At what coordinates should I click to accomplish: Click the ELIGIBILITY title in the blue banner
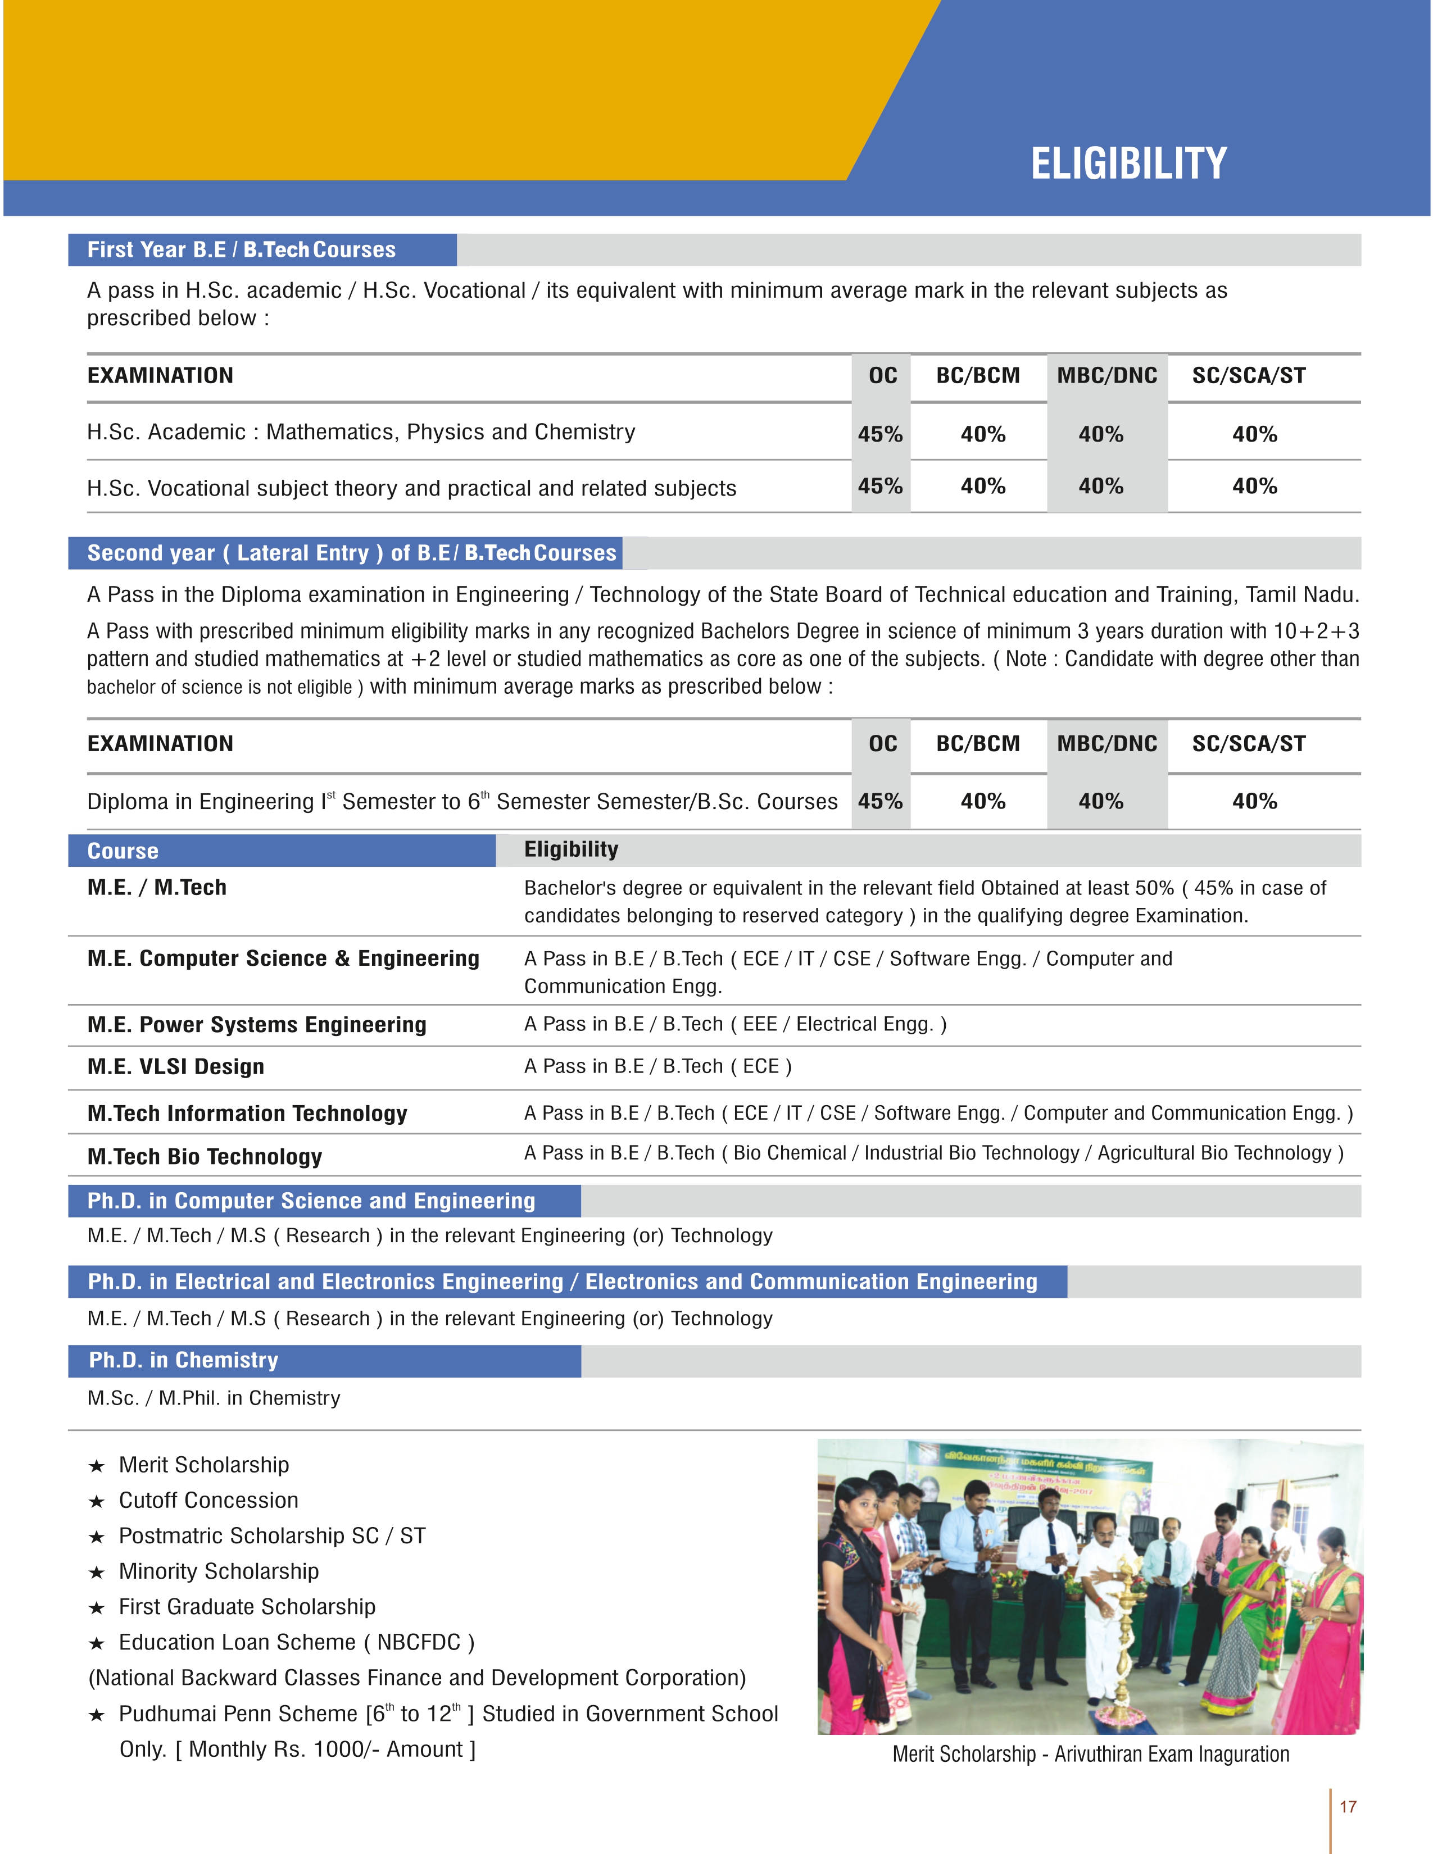(x=1128, y=164)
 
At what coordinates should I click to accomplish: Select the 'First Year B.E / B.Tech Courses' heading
(x=242, y=249)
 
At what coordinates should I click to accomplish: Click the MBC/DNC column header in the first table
(x=1107, y=376)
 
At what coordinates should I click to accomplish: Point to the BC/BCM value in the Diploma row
(x=982, y=801)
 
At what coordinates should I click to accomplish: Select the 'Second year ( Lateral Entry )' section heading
(x=351, y=553)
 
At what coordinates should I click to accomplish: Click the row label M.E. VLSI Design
(x=176, y=1067)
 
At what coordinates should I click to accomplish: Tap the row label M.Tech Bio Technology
(x=205, y=1157)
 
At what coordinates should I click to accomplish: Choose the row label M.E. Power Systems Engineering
(x=256, y=1025)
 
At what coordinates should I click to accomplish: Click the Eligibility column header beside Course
(x=572, y=849)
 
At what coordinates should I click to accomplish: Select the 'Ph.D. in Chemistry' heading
(x=183, y=1361)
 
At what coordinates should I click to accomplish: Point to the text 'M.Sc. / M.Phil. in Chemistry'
(x=214, y=1398)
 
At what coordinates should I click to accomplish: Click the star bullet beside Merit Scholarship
(x=97, y=1466)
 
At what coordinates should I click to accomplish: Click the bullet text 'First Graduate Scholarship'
(x=247, y=1607)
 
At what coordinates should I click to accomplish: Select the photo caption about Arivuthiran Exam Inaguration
(x=1090, y=1755)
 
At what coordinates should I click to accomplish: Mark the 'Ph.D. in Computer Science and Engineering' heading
(x=311, y=1201)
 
